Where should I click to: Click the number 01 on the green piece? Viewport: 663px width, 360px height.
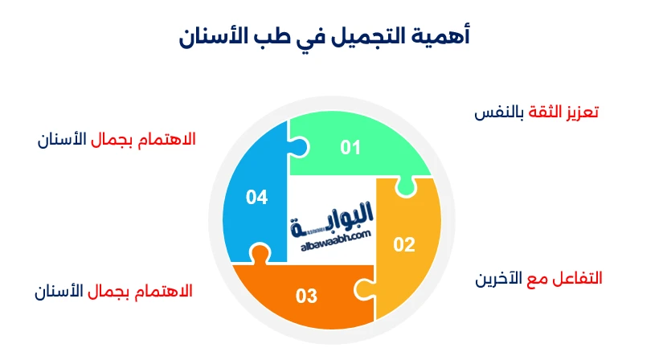click(350, 147)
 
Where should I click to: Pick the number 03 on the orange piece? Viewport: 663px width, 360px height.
click(306, 297)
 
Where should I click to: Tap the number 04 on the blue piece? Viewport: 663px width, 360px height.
click(256, 197)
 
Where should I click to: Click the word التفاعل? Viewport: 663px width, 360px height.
click(579, 279)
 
